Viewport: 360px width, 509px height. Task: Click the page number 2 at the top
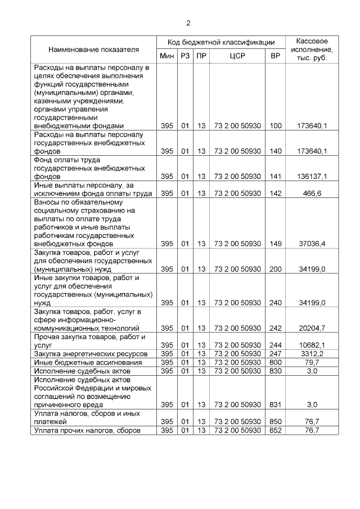click(x=188, y=23)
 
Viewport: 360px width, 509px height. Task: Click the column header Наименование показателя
click(x=93, y=49)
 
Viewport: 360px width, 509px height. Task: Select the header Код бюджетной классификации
click(x=221, y=42)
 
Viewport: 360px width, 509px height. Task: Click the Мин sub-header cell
click(x=167, y=56)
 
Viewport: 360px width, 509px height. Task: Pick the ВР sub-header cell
click(x=276, y=56)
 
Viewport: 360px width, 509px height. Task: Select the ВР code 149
click(x=276, y=244)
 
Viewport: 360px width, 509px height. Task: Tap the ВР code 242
click(x=276, y=328)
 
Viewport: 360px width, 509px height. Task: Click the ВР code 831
click(x=276, y=404)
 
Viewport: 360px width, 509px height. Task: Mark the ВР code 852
click(x=276, y=430)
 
